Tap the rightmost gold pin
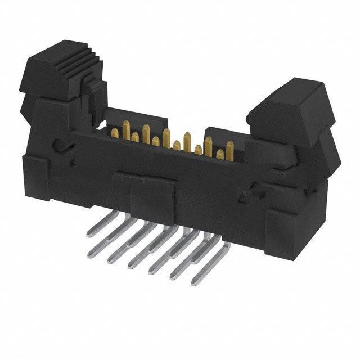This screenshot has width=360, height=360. click(x=230, y=149)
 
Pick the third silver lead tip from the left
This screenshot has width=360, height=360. click(x=133, y=264)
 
